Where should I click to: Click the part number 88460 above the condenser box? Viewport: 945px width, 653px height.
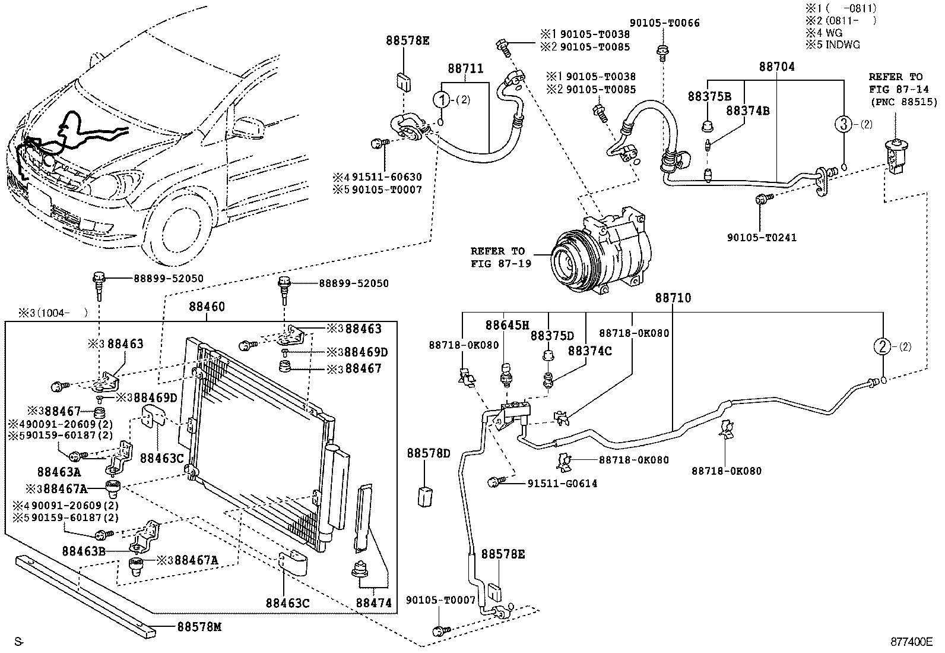[207, 307]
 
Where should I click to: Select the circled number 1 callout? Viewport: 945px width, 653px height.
[442, 99]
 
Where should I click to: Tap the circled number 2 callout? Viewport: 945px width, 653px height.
[883, 346]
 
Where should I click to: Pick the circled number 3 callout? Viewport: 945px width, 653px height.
[843, 124]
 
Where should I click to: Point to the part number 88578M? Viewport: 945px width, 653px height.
[198, 627]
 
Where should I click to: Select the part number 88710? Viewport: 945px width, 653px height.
[673, 298]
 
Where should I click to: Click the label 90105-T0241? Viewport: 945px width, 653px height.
[762, 238]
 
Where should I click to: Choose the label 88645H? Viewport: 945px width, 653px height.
[507, 325]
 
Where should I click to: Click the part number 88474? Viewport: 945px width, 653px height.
[374, 603]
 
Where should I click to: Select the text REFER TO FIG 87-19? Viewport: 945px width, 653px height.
[497, 257]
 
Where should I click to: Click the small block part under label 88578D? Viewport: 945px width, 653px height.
[424, 495]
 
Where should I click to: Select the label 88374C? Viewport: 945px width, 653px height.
[589, 351]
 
